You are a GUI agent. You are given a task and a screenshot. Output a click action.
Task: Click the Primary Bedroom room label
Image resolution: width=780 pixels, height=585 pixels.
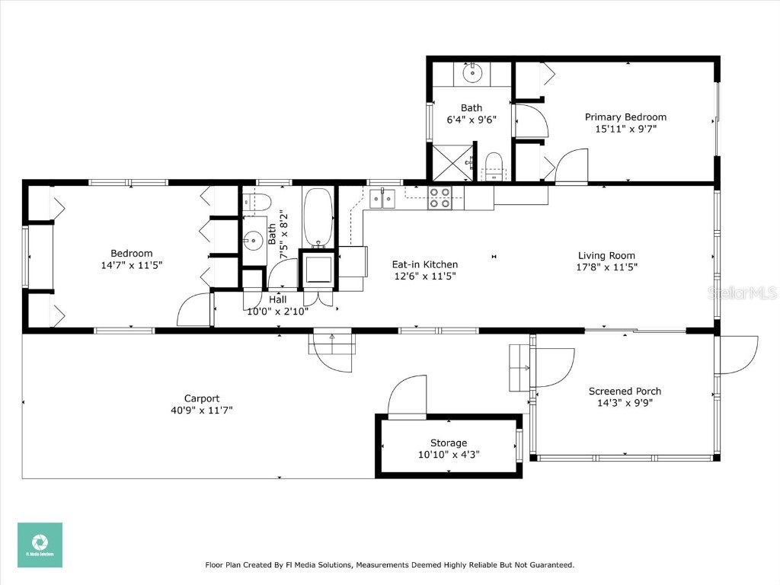(625, 117)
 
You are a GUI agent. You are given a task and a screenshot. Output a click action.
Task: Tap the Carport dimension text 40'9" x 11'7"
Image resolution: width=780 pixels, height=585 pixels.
(202, 410)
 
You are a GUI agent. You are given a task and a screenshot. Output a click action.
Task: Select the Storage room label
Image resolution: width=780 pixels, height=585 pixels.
(449, 443)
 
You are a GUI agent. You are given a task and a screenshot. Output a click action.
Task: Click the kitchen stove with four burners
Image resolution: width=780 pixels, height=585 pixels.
(440, 198)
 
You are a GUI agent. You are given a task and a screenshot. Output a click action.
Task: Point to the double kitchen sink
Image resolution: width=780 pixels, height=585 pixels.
(382, 199)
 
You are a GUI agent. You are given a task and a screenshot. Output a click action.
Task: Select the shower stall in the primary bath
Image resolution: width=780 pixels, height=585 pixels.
(452, 161)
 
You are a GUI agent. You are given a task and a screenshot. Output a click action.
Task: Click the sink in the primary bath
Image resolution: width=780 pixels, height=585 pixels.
(472, 74)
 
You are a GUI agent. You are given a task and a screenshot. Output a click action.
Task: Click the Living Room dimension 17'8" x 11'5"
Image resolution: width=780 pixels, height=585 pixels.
(606, 267)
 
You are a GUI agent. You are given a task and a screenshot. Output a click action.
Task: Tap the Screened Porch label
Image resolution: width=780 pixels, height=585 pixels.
(625, 392)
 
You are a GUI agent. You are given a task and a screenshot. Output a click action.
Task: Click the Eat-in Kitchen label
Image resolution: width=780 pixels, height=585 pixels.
(425, 264)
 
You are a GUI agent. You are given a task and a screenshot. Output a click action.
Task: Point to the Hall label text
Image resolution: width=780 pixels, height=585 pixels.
(277, 299)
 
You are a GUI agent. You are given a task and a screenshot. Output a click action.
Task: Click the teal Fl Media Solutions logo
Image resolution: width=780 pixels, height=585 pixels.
(40, 545)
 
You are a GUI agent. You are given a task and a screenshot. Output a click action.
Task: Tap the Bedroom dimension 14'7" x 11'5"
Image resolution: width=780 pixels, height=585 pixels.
(132, 265)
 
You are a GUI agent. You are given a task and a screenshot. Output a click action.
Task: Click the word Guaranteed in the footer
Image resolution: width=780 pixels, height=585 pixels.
(547, 565)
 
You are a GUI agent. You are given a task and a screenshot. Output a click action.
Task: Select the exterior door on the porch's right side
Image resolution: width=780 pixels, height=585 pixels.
(737, 354)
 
